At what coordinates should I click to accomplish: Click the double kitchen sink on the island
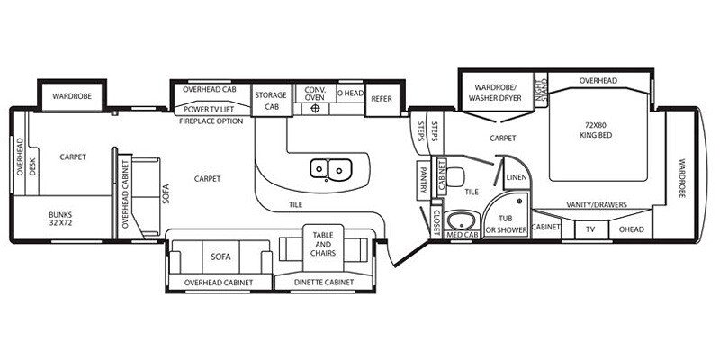click(330, 167)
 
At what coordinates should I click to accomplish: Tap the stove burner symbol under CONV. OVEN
click(316, 109)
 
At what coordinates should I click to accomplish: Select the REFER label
click(381, 99)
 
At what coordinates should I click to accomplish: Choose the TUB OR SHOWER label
click(505, 225)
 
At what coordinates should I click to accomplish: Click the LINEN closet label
click(516, 178)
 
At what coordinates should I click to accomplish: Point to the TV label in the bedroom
click(589, 229)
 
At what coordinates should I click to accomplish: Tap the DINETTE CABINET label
click(323, 283)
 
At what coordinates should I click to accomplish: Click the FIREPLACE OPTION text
click(211, 121)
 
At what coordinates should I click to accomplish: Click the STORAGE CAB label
click(269, 99)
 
